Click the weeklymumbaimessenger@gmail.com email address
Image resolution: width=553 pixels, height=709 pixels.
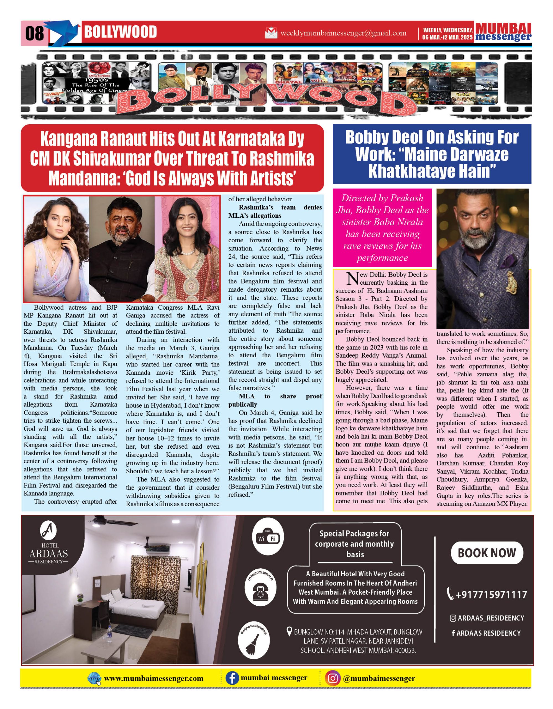(343, 33)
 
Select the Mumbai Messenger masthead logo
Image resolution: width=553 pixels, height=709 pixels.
(503, 32)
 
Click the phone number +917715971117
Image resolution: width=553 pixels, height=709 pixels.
(487, 594)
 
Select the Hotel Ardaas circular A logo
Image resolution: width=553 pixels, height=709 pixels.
(48, 531)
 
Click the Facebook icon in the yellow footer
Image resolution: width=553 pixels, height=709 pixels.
(232, 679)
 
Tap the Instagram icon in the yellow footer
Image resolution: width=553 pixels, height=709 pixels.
(332, 679)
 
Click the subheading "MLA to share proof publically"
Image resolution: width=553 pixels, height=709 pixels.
(275, 400)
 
